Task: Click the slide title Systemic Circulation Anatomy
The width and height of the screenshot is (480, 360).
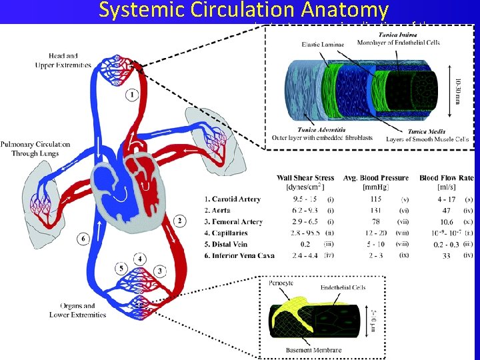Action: (243, 11)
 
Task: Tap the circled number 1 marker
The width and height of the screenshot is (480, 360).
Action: (133, 95)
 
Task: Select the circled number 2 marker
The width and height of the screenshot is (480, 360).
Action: (179, 221)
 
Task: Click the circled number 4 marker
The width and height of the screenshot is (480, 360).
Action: (140, 258)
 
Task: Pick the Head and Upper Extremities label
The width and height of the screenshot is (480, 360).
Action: (59, 59)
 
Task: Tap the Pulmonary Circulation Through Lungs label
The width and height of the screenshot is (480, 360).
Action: (35, 149)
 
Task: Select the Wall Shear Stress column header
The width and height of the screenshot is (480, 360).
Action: (305, 178)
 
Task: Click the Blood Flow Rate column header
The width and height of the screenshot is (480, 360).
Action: (446, 178)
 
